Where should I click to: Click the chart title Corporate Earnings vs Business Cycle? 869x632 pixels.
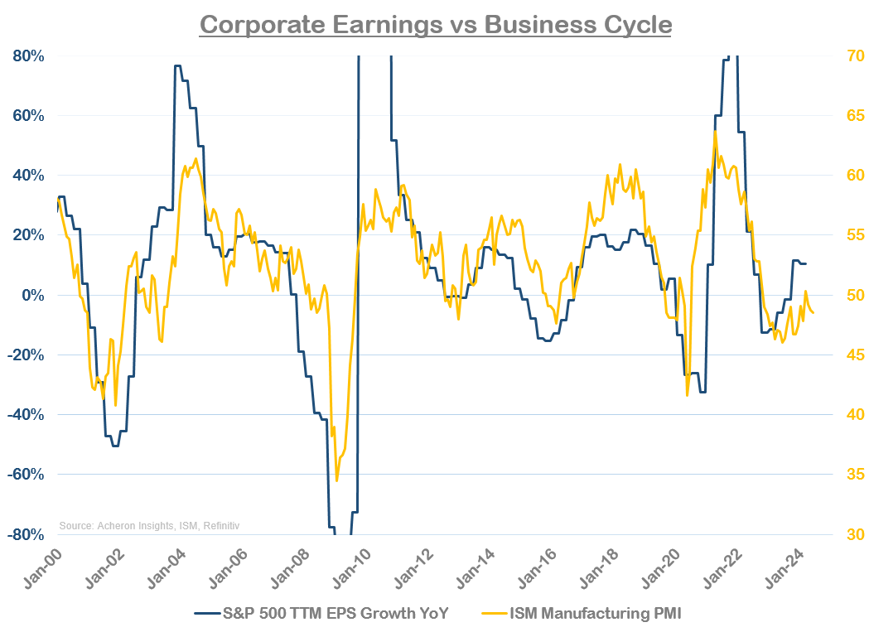[x=435, y=24]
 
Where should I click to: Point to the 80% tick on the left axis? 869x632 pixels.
[x=28, y=56]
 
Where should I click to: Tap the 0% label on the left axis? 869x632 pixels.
[x=34, y=295]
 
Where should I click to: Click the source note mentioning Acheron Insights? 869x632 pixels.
[x=149, y=525]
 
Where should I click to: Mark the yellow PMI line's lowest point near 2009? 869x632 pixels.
[x=336, y=480]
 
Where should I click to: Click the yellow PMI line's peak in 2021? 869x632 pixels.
[x=714, y=131]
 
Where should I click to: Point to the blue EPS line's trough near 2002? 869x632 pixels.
[x=114, y=446]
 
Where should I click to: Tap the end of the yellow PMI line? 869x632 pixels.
[x=813, y=312]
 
